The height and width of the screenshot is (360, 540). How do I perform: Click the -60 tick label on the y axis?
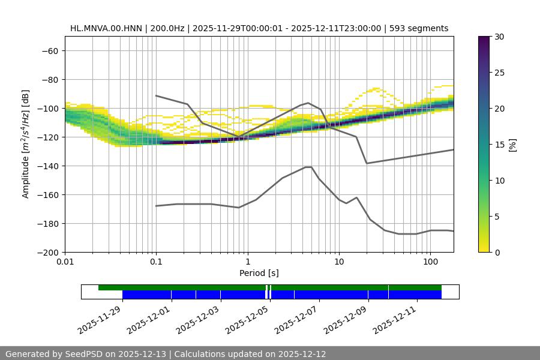(x=49, y=50)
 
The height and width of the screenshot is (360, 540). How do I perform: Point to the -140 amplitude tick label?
(x=46, y=166)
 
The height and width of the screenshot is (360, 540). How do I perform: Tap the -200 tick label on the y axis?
(x=46, y=252)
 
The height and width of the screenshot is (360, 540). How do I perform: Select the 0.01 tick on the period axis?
(x=65, y=262)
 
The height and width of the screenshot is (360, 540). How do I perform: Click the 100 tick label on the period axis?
(x=430, y=262)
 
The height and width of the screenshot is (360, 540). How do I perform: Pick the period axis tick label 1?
(x=247, y=262)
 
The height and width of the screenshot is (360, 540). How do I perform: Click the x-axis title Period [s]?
(x=259, y=273)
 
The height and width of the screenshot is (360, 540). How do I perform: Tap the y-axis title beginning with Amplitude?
(x=26, y=144)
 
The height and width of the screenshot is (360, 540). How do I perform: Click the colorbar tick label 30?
(x=499, y=37)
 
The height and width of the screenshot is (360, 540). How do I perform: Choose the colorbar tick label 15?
(x=499, y=145)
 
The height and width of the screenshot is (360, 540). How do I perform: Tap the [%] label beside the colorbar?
(x=513, y=145)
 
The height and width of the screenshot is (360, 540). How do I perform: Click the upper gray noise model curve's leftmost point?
(x=156, y=95)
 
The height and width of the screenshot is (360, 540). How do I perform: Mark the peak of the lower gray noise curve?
(x=308, y=167)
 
